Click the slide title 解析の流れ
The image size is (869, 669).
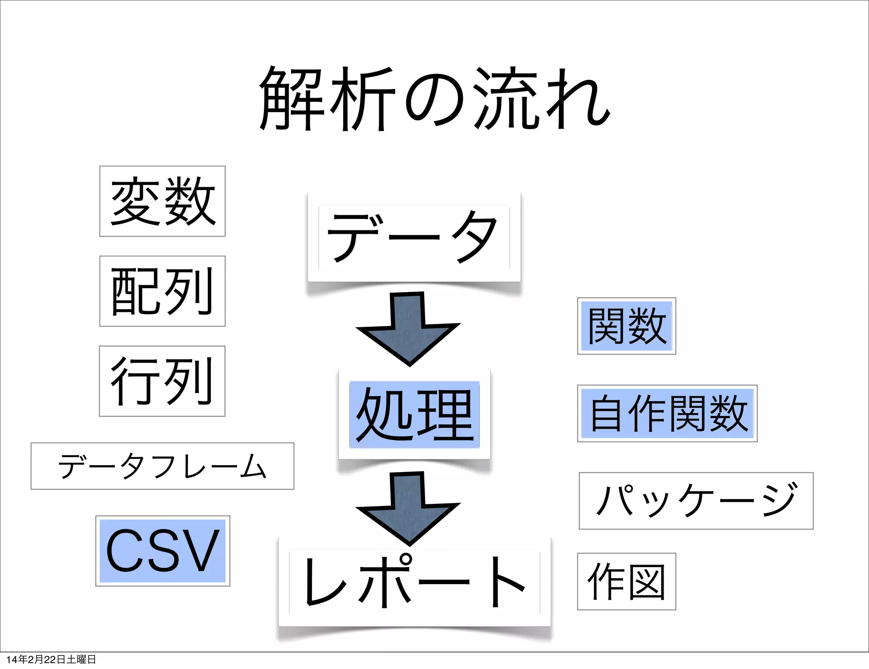pyautogui.click(x=434, y=98)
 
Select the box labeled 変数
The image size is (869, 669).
pyautogui.click(x=163, y=201)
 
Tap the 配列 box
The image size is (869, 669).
pyautogui.click(x=163, y=291)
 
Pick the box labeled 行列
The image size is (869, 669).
pyautogui.click(x=162, y=381)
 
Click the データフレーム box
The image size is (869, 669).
pyautogui.click(x=163, y=466)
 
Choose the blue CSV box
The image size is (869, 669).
pyautogui.click(x=163, y=551)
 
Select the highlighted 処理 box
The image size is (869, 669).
pyautogui.click(x=415, y=414)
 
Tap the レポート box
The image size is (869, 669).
pyautogui.click(x=415, y=582)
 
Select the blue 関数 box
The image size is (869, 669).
pyautogui.click(x=627, y=326)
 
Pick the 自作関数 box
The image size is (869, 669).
pyautogui.click(x=667, y=413)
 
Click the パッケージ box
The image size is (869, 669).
pyautogui.click(x=696, y=501)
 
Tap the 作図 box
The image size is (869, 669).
pyautogui.click(x=627, y=582)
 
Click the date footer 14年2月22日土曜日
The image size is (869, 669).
pyautogui.click(x=51, y=659)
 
